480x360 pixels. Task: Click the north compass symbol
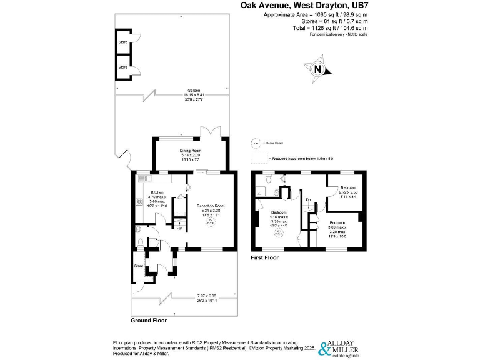[318, 69]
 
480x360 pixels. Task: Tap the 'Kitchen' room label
[156, 192]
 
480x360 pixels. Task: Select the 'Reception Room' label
[210, 206]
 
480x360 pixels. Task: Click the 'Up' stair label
[181, 227]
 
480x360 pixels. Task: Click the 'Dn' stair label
[308, 200]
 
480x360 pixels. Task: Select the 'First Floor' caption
[264, 257]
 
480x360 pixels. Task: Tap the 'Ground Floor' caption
[148, 320]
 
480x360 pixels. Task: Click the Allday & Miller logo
[342, 347]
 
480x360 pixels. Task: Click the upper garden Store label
[123, 42]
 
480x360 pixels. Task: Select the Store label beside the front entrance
[139, 267]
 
